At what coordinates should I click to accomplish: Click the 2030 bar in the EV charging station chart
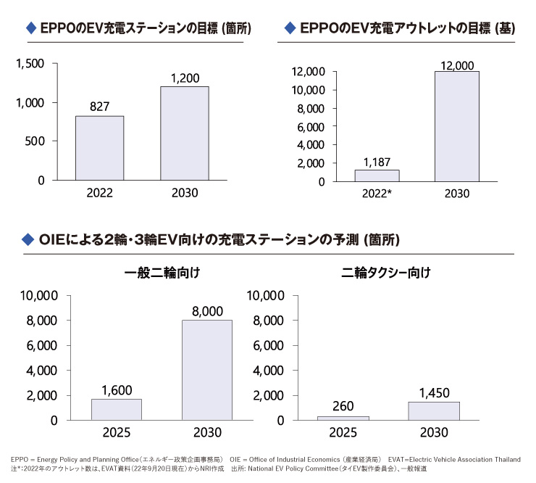[184, 133]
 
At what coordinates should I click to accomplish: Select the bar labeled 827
[99, 148]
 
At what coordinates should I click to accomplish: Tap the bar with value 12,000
[456, 126]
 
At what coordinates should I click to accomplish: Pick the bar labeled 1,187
[377, 176]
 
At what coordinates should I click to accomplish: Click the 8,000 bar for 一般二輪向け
[206, 370]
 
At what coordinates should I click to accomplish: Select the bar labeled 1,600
[116, 409]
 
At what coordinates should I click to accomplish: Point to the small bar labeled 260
[343, 418]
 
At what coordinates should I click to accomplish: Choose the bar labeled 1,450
[433, 410]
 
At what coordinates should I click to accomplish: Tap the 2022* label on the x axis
[377, 194]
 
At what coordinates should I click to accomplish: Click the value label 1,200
[184, 77]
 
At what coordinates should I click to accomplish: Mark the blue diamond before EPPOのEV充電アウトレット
[290, 28]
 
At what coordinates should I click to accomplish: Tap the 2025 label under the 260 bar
[343, 433]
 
